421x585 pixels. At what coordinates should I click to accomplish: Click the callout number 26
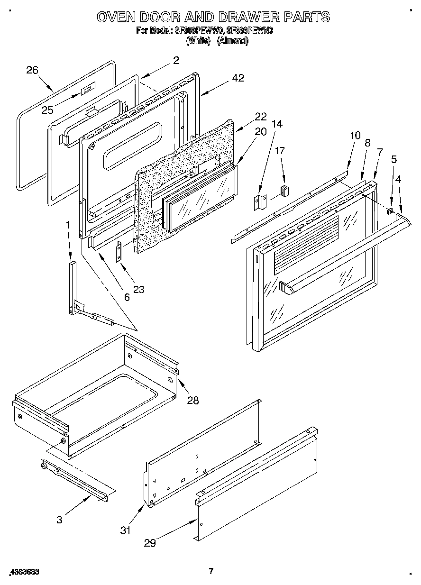pos(32,71)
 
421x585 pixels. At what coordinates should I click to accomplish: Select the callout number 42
pos(238,78)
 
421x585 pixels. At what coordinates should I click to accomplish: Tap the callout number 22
pos(260,117)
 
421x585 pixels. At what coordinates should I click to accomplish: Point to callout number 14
pos(277,124)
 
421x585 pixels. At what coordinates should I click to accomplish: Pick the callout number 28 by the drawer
pos(192,400)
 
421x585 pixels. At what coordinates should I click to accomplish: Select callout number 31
pos(125,530)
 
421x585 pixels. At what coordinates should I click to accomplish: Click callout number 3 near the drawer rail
pos(59,519)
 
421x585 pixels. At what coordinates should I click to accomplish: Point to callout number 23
pos(138,289)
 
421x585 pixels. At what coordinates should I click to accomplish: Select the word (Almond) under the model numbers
pos(232,41)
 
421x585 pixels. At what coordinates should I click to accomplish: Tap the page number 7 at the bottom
pos(211,570)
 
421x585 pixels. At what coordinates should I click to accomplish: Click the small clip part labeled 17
pos(284,191)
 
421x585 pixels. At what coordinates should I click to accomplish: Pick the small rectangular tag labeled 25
pos(87,88)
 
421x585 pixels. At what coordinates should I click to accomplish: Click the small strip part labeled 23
pos(119,250)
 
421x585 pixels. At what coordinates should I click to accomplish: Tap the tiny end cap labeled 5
pos(390,210)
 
